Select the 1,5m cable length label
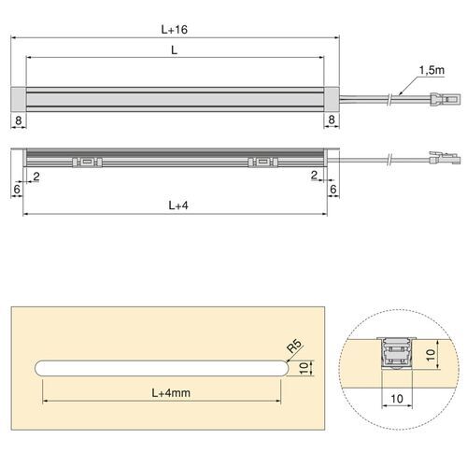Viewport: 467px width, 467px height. coord(432,70)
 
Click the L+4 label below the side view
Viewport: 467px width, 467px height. coord(176,203)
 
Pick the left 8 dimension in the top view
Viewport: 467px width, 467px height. coord(19,120)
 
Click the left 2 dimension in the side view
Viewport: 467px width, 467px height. coord(35,175)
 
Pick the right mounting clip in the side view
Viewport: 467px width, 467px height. coord(261,161)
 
